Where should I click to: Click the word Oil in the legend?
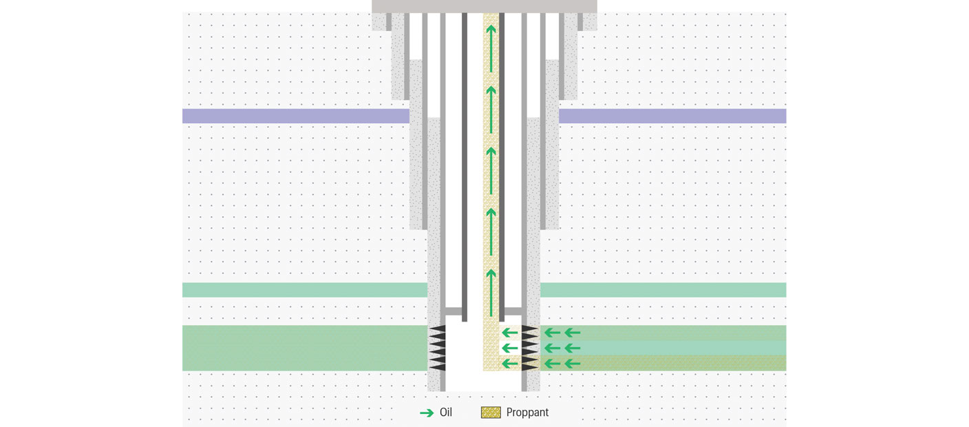(x=445, y=412)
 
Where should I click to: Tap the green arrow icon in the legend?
(x=427, y=413)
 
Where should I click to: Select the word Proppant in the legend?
(x=527, y=413)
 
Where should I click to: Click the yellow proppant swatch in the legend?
(x=491, y=413)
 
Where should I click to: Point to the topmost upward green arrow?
(x=491, y=48)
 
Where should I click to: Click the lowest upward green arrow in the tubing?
(x=491, y=292)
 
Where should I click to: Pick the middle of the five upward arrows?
(x=491, y=170)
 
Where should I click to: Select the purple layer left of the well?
(x=296, y=116)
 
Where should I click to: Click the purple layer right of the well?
(x=672, y=116)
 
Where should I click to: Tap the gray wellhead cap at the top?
(x=484, y=6)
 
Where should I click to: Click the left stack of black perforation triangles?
(x=437, y=348)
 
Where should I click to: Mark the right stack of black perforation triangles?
(x=530, y=348)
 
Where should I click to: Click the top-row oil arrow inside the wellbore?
(x=509, y=333)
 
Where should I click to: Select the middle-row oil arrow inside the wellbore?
(x=509, y=348)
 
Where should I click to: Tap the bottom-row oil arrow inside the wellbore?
(x=509, y=363)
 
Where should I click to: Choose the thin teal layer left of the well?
(x=305, y=290)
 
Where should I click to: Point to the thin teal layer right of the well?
(x=663, y=290)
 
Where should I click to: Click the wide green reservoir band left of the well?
(x=305, y=348)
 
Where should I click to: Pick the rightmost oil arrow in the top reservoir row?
(x=573, y=333)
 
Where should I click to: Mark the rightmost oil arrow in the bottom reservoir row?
(x=573, y=364)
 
